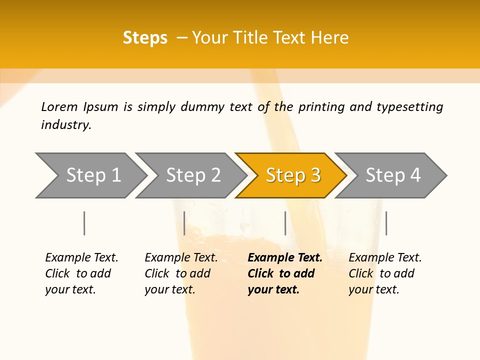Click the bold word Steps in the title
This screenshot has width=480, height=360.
coord(145,38)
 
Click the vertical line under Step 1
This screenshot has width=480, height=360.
coord(84,223)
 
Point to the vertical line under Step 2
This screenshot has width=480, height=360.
coord(184,223)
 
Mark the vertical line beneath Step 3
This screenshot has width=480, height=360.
coord(285,223)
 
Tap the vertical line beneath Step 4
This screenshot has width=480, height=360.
coord(386,223)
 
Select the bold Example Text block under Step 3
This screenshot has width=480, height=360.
coord(285,273)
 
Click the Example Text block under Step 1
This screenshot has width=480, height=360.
coord(81,273)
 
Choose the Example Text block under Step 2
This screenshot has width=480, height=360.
coord(181,273)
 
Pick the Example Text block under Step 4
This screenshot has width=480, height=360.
coord(385,273)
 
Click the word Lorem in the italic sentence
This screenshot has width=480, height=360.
coord(59,107)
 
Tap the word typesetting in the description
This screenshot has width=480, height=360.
coord(409,107)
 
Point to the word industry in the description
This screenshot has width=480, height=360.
coord(65,125)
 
